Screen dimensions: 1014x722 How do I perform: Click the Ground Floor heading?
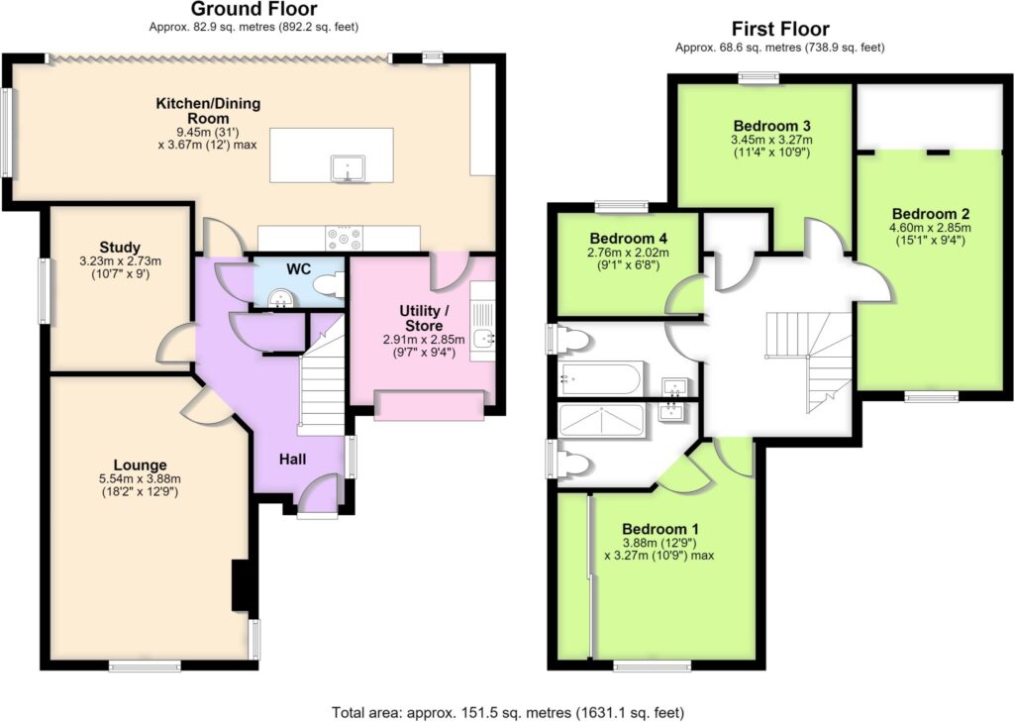[x=253, y=9]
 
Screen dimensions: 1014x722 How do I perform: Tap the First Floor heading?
[x=780, y=29]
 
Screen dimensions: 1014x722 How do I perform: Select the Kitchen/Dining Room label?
[x=208, y=111]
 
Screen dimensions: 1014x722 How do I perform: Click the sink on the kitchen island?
[x=348, y=168]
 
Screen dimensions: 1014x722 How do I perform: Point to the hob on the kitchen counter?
[x=344, y=238]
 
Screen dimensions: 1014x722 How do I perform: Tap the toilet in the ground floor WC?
[x=329, y=284]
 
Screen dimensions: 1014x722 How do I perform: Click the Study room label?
[x=120, y=248]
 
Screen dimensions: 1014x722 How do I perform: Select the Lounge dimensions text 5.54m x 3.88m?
[x=140, y=478]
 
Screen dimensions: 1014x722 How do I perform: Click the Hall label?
[x=292, y=460]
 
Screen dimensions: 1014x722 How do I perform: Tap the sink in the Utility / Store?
[x=482, y=337]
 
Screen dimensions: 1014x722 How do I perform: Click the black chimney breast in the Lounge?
[x=242, y=585]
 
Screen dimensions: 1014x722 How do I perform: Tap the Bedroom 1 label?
[x=660, y=529]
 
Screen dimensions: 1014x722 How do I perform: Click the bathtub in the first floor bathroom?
[x=601, y=377]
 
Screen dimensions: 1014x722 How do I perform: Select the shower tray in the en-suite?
[x=601, y=421]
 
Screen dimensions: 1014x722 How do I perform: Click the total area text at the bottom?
[x=508, y=712]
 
